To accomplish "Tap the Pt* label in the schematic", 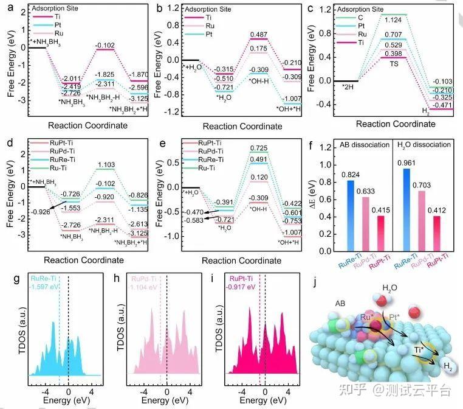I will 393,317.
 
